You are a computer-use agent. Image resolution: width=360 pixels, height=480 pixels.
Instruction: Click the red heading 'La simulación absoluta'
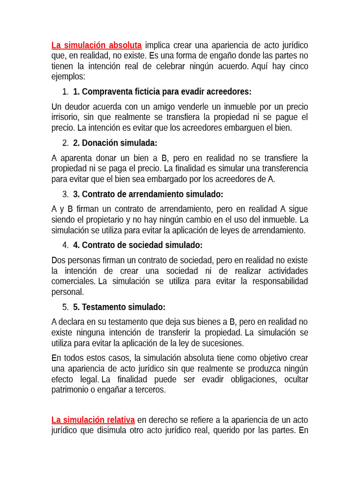pyautogui.click(x=96, y=45)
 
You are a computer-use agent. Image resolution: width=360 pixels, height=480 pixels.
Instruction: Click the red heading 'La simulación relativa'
pyautogui.click(x=93, y=420)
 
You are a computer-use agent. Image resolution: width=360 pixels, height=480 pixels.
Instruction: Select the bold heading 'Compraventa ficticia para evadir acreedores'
pyautogui.click(x=162, y=91)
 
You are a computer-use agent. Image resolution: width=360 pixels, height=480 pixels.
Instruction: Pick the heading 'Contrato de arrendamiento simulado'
pyautogui.click(x=148, y=194)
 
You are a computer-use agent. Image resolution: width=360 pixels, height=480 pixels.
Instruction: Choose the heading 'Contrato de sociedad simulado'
pyautogui.click(x=138, y=245)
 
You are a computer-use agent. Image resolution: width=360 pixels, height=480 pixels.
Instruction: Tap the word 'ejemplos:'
pyautogui.click(x=68, y=76)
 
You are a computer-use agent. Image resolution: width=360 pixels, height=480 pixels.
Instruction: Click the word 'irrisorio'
pyautogui.click(x=66, y=117)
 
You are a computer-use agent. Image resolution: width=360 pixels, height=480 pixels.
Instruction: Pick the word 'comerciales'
pyautogui.click(x=73, y=281)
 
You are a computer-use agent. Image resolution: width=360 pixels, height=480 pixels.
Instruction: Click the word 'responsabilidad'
pyautogui.click(x=280, y=281)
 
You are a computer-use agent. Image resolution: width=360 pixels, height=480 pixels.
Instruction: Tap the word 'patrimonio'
pyautogui.click(x=70, y=390)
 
